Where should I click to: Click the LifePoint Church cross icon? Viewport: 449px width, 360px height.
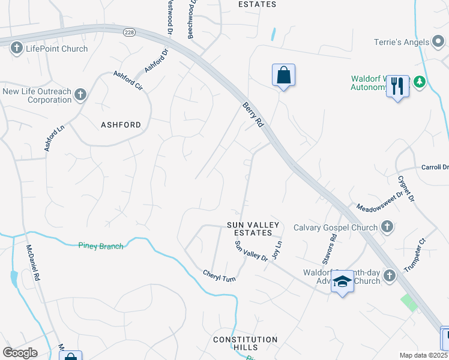(x=16, y=49)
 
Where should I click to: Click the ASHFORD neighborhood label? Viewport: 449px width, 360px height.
(x=121, y=125)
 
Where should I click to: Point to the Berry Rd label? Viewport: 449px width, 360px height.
(x=253, y=114)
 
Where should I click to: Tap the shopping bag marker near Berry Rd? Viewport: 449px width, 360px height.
(x=283, y=76)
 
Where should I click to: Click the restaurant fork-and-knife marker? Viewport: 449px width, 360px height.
(x=397, y=87)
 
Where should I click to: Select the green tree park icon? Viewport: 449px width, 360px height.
(x=420, y=82)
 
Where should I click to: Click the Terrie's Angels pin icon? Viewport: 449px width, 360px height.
(x=439, y=42)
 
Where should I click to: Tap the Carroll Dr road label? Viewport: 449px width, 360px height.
(x=435, y=167)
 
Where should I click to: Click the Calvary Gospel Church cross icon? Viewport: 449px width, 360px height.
(x=387, y=227)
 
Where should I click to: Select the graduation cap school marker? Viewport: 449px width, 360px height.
(x=342, y=282)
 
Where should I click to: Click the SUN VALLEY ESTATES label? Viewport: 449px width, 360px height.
(x=253, y=229)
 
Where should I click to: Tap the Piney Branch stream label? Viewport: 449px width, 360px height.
(x=101, y=245)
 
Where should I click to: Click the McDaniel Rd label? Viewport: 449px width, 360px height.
(x=32, y=263)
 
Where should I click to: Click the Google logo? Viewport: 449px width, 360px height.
(x=20, y=353)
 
